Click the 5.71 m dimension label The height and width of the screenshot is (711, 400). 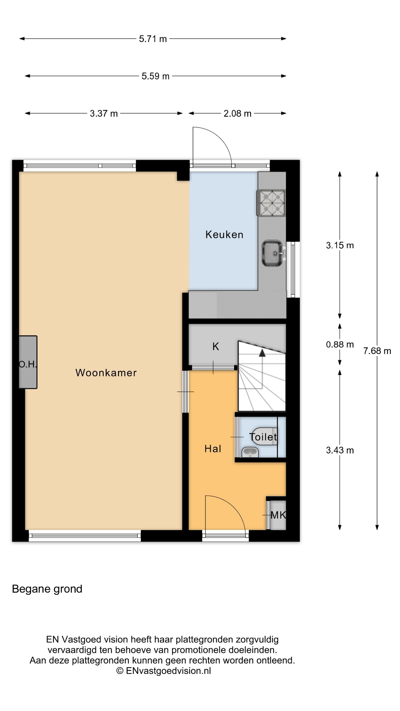[153, 39]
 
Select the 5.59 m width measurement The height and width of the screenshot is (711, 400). [155, 76]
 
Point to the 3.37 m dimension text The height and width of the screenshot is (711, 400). [104, 114]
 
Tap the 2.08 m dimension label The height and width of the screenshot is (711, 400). [237, 114]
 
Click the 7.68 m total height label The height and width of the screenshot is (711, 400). [377, 351]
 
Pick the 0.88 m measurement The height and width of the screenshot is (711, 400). [340, 344]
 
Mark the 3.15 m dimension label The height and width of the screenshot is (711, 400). [340, 245]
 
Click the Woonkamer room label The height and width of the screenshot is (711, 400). [106, 373]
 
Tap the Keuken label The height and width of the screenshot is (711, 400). [224, 235]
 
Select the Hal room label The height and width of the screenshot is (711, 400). [213, 449]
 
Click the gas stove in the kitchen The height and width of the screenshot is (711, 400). [271, 203]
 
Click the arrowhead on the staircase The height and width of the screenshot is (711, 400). [262, 353]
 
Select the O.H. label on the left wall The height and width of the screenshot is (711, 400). [28, 365]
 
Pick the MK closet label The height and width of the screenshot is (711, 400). [278, 515]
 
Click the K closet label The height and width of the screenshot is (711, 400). [216, 346]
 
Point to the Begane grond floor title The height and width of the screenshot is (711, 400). [47, 589]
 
